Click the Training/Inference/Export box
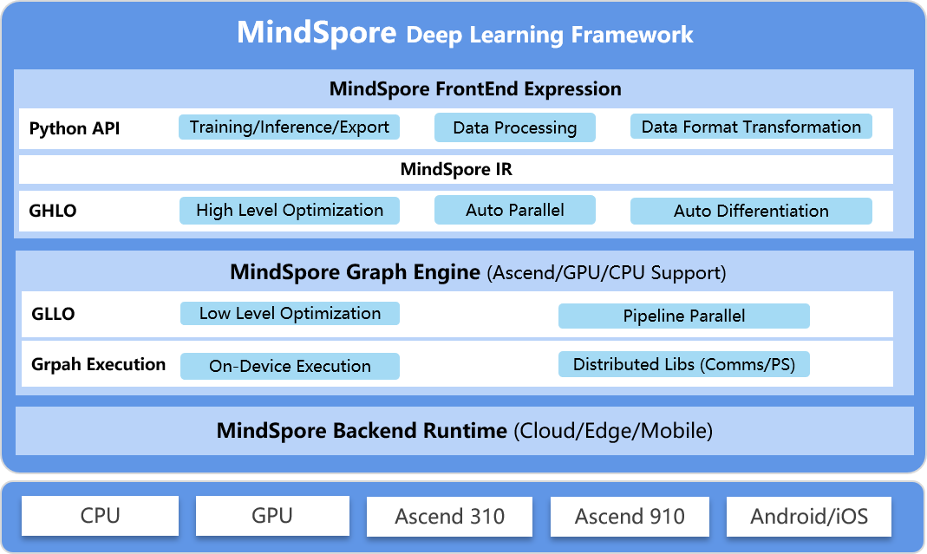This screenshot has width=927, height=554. pos(290,127)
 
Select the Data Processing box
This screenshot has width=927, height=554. pos(514,127)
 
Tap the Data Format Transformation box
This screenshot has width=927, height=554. pos(751,127)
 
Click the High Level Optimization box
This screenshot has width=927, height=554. pos(290,210)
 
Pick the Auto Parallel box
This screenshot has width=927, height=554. pos(514,210)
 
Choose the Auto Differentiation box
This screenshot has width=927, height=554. pos(751,211)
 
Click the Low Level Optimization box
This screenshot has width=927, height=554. pos(290,313)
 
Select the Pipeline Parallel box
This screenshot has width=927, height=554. pos(683,316)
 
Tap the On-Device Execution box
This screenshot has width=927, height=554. pos(290,366)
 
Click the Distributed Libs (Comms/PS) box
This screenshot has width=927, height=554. pos(683,364)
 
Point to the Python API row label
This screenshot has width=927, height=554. pos(75,129)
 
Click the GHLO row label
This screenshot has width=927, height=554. pos(53,211)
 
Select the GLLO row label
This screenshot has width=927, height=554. pos(52,314)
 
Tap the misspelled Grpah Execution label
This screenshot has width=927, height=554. pos(97,364)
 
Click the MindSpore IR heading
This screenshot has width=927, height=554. pos(456,169)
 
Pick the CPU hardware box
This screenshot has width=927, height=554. pos(100,516)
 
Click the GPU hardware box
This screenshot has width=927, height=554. pos(272,516)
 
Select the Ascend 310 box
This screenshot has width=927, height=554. pos(449,517)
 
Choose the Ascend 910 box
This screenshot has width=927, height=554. pos(630,517)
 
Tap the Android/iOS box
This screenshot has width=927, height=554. pos(808,517)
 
